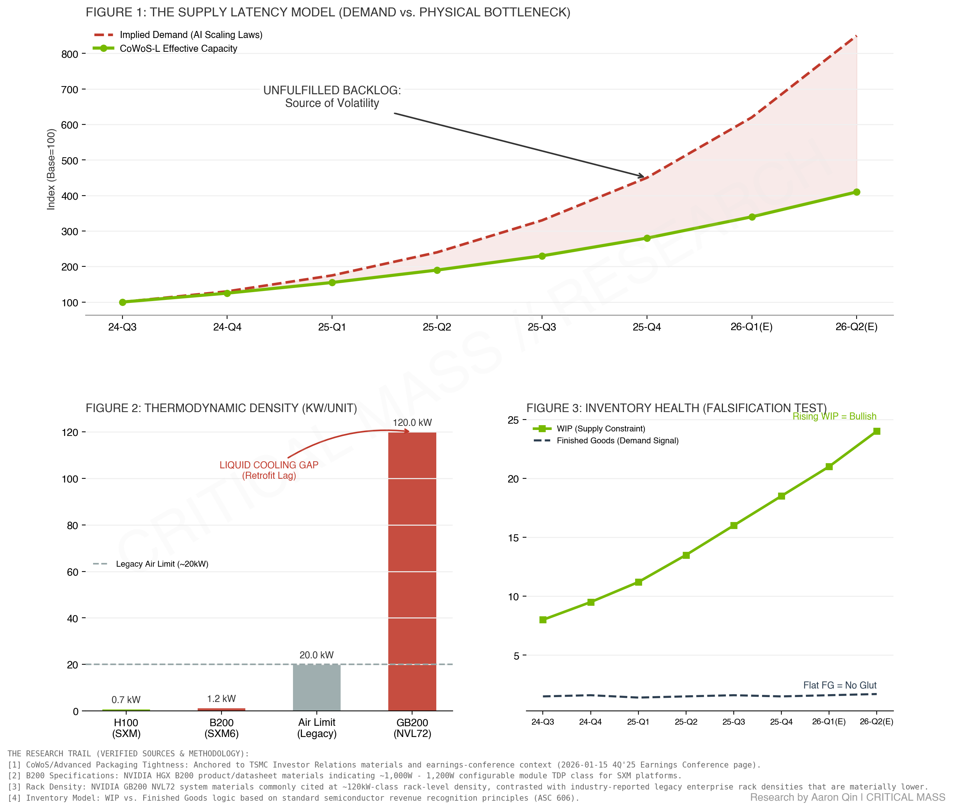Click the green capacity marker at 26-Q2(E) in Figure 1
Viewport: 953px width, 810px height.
click(x=856, y=192)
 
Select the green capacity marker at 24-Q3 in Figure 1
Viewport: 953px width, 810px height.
click(x=122, y=302)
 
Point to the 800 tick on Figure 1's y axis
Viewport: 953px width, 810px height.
click(x=70, y=54)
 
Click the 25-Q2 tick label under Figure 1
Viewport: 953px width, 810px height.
click(x=436, y=327)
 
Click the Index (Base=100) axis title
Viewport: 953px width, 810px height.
click(x=51, y=169)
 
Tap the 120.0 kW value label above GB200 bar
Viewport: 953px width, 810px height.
click(x=412, y=423)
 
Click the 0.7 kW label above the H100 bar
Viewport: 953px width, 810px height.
click(x=126, y=700)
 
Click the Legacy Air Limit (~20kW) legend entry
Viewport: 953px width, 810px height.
click(x=162, y=564)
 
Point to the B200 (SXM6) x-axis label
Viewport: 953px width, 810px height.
click(x=221, y=728)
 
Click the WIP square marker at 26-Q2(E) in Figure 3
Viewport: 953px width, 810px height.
click(x=876, y=431)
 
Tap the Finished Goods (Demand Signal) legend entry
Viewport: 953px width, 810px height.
click(x=617, y=441)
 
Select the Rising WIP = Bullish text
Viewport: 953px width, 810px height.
click(x=834, y=417)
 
